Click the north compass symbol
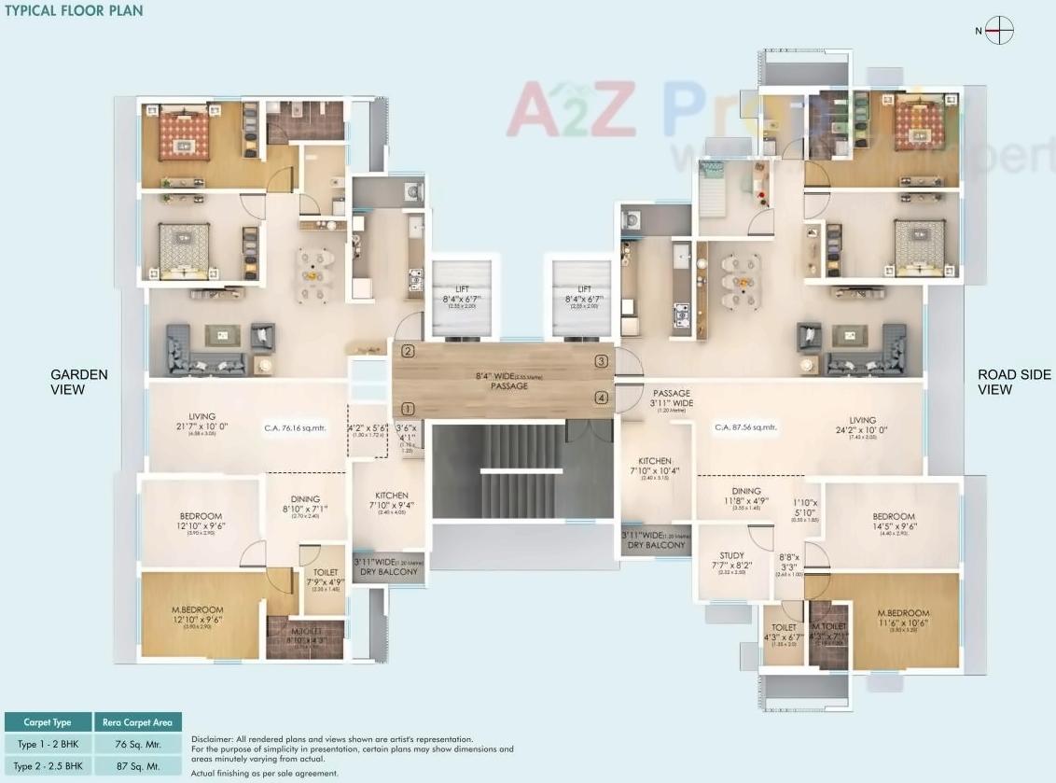tap(999, 31)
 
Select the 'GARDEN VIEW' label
tap(79, 382)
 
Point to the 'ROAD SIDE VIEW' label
tap(1014, 382)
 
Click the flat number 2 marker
tap(408, 352)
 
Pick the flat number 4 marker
tap(602, 398)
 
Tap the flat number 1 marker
tap(408, 408)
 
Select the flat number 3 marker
tap(602, 361)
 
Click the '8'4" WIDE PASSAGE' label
tap(503, 381)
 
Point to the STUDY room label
tap(731, 560)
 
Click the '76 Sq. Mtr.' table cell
tap(138, 744)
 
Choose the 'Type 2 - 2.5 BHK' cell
tap(49, 765)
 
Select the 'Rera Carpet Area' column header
tap(138, 721)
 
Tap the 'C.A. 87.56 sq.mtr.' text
tap(745, 427)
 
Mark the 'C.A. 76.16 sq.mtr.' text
tap(290, 427)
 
